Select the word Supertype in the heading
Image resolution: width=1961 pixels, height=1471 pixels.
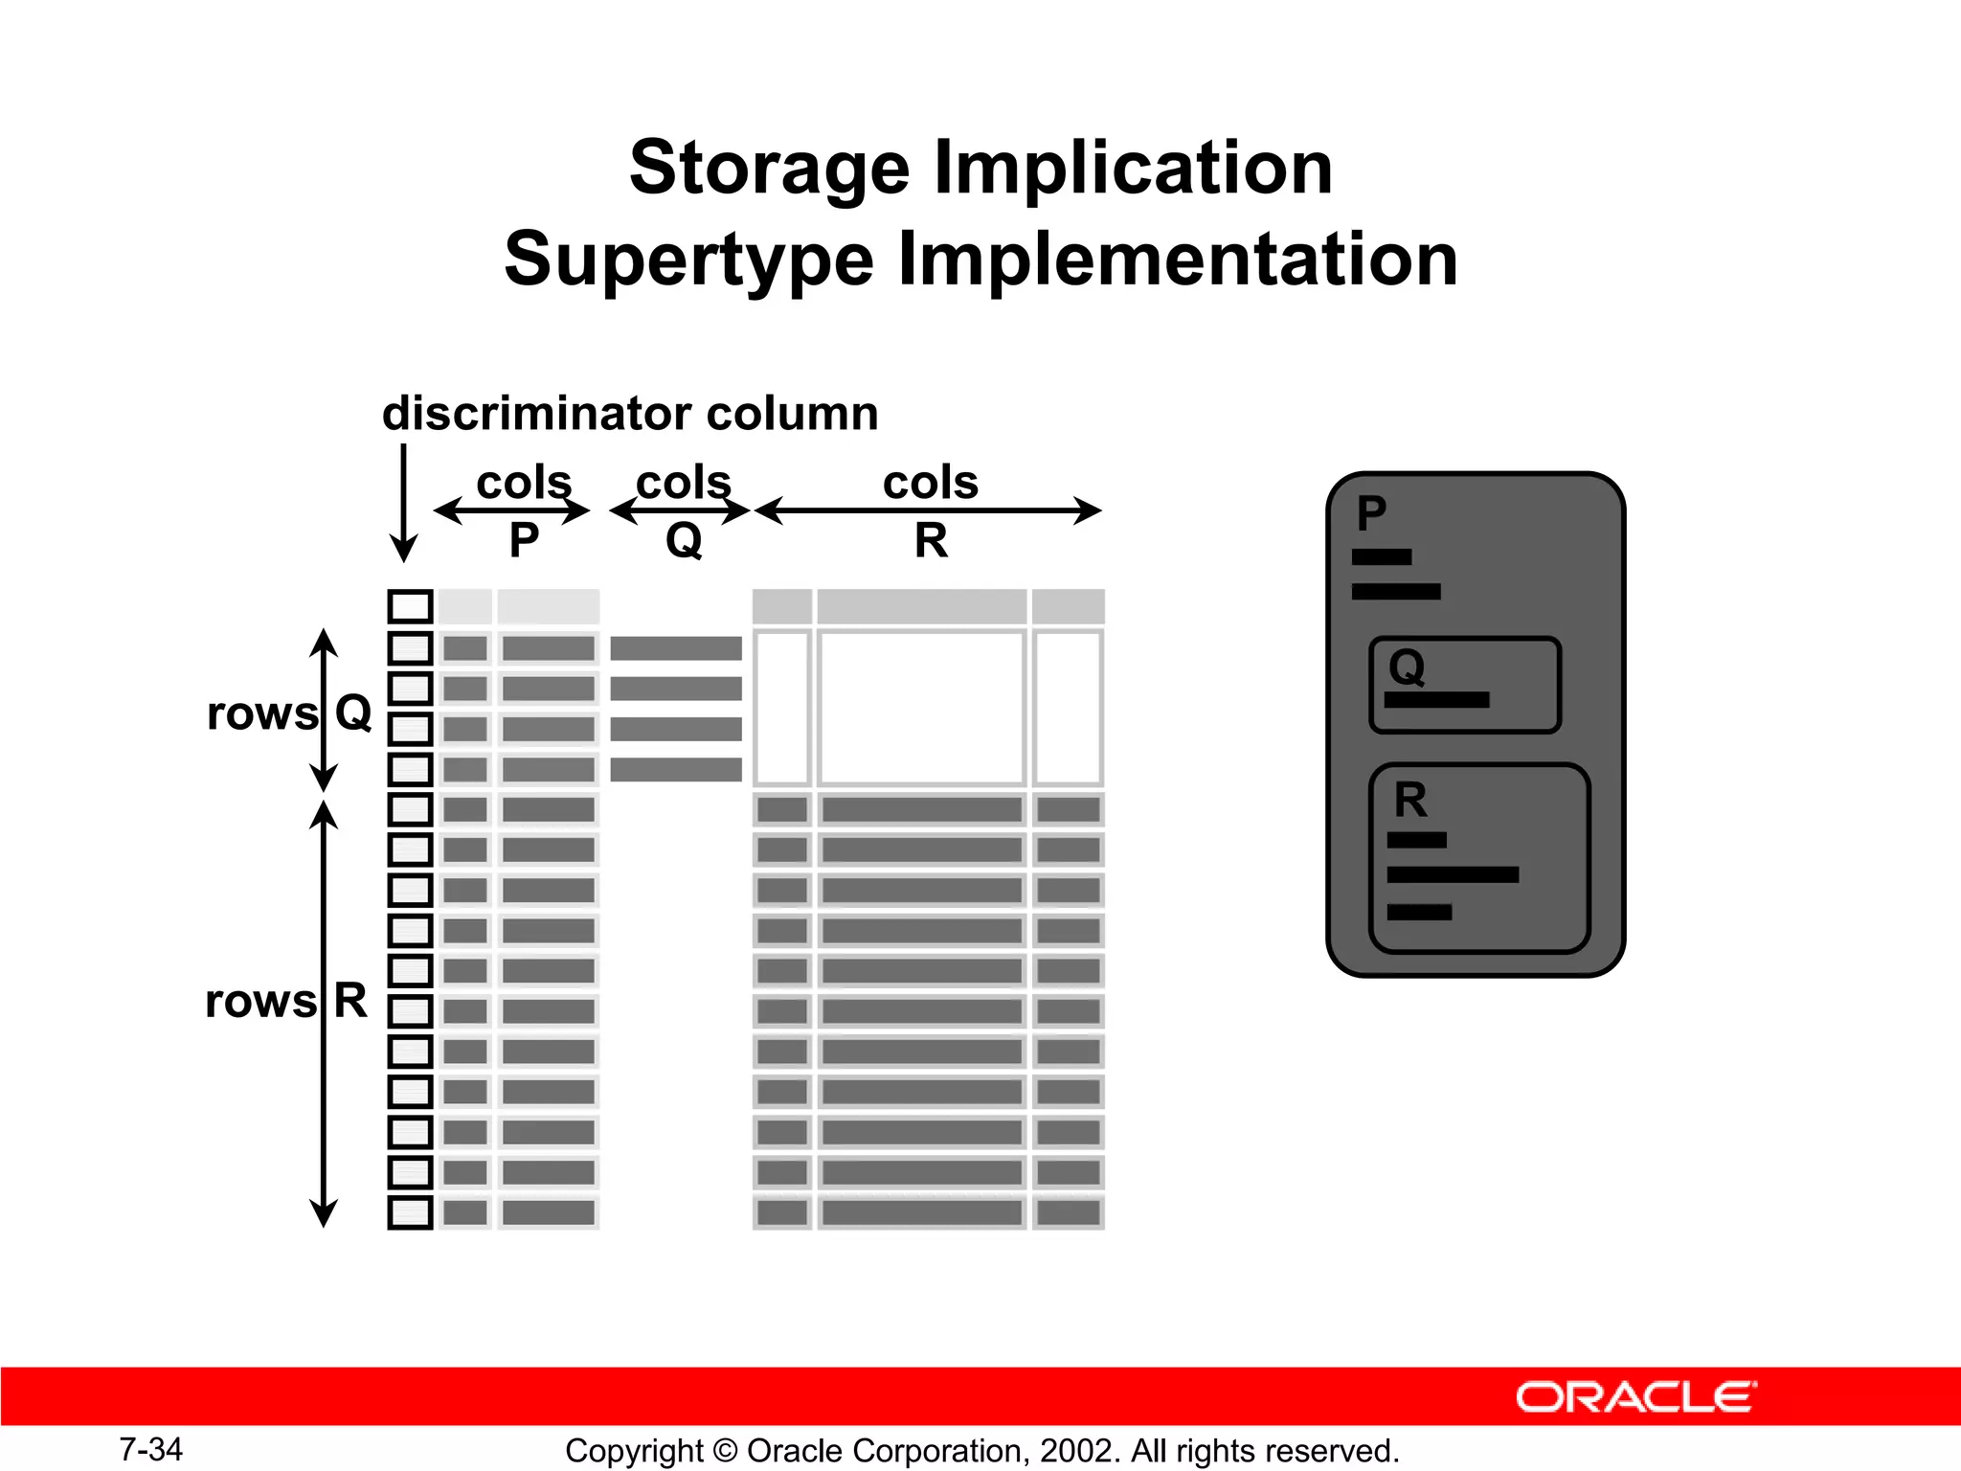(688, 260)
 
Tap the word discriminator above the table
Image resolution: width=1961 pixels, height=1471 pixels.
(536, 414)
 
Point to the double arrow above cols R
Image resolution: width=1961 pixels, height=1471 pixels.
(928, 510)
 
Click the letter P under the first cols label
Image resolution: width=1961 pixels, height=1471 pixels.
(524, 541)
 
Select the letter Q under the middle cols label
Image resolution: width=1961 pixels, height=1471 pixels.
(684, 541)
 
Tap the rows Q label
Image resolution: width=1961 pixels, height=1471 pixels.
(288, 713)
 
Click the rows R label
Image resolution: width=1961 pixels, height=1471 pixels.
(285, 1002)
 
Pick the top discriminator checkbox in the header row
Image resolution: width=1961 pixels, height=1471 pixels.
(410, 606)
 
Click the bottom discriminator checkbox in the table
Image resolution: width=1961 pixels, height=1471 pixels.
(410, 1212)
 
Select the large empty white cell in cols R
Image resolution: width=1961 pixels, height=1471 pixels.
(921, 708)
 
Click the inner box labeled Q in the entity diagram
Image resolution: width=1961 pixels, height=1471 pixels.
(1465, 686)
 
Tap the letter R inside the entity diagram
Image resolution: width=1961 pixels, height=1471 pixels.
(1410, 800)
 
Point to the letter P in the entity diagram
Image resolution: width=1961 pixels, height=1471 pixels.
(1371, 513)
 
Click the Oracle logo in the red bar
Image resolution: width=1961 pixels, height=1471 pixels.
(1635, 1397)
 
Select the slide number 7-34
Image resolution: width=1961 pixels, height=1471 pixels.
(150, 1449)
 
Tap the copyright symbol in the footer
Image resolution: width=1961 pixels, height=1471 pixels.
(725, 1451)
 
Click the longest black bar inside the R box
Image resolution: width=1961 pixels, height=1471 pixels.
(1452, 874)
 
